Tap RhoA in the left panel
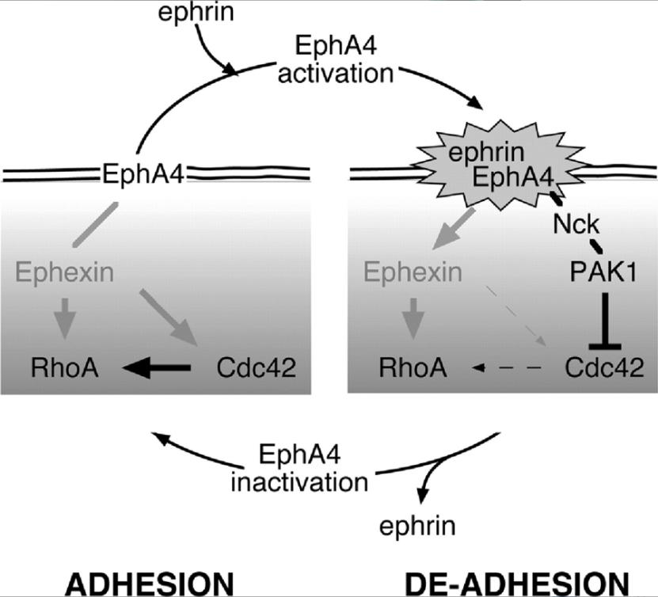[x=64, y=367]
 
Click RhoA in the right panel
[x=412, y=367]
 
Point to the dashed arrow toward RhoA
[x=507, y=368]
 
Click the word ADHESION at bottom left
[x=148, y=584]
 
